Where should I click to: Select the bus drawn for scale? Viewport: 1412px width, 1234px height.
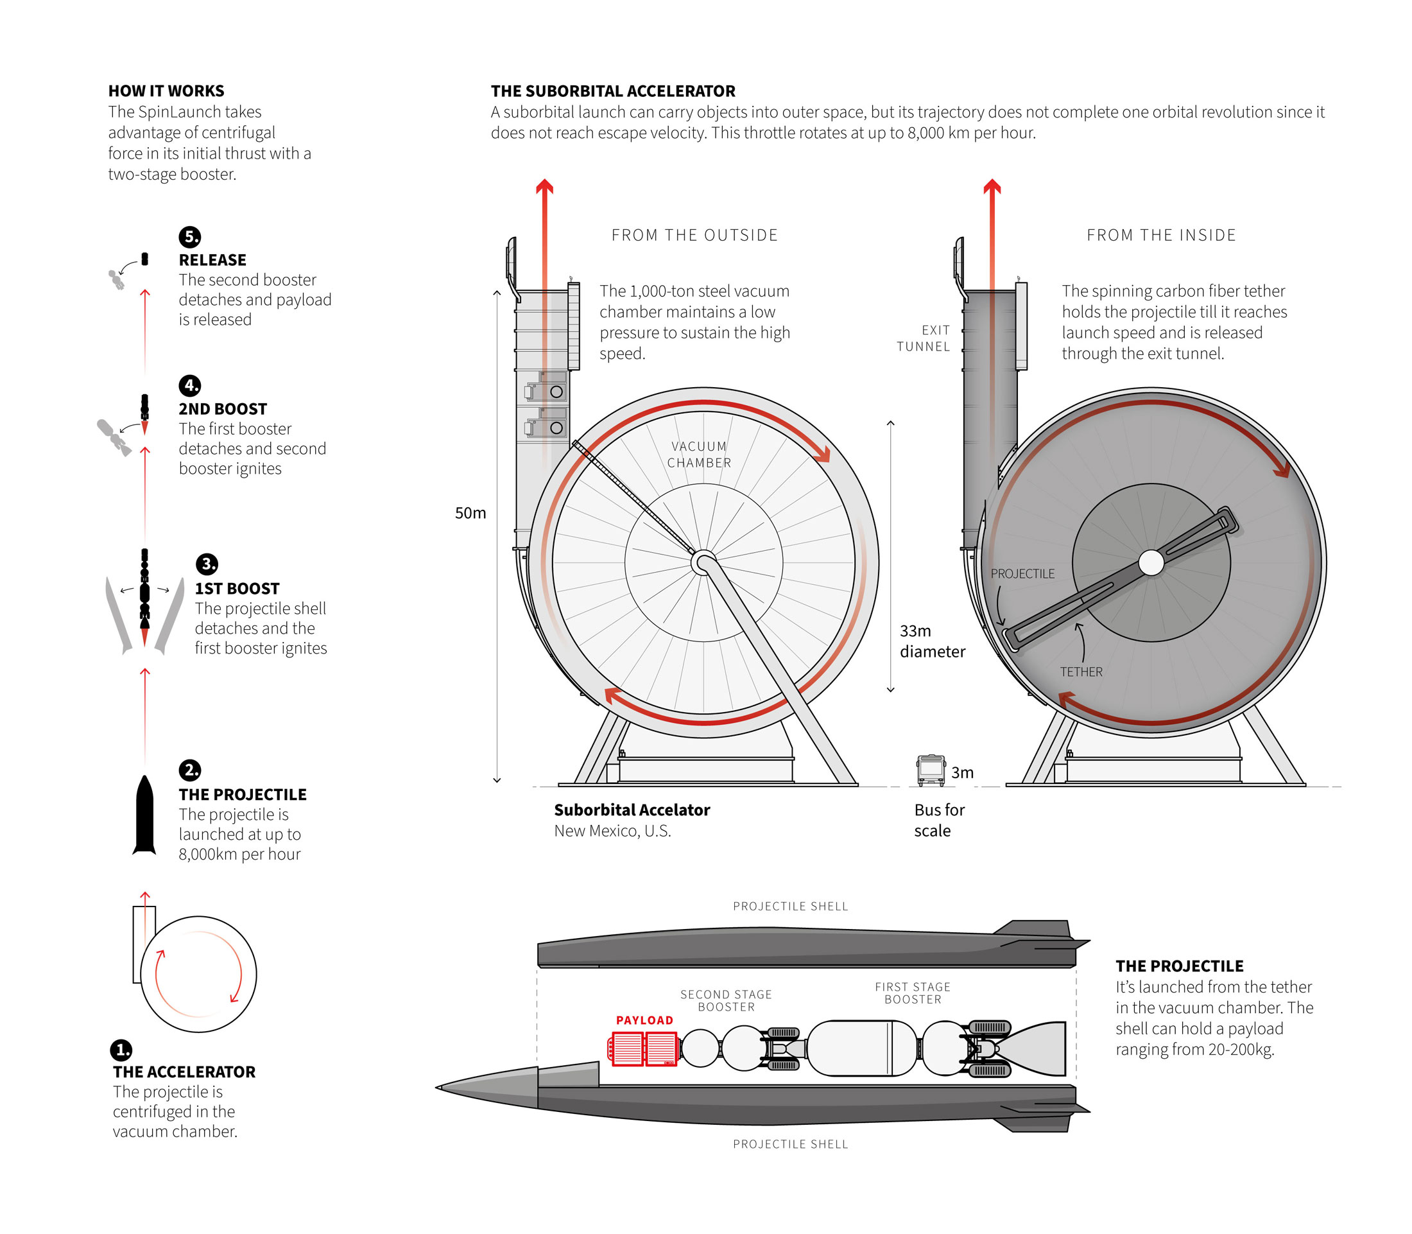point(930,770)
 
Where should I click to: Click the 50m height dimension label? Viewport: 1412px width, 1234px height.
point(470,513)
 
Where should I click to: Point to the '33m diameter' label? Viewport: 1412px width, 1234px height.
point(931,641)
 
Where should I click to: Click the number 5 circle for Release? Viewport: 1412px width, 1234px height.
point(189,237)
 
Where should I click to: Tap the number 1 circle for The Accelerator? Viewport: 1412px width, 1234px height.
point(121,1050)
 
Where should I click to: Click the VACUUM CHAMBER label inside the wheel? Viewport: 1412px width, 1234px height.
point(699,455)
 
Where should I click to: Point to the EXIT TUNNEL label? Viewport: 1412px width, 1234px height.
point(923,338)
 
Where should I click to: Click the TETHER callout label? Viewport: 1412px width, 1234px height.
point(1080,672)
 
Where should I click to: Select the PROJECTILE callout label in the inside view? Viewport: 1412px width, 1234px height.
point(1022,573)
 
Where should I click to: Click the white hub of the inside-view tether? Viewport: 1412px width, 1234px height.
point(1150,562)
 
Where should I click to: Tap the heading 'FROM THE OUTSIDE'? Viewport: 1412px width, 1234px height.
point(694,235)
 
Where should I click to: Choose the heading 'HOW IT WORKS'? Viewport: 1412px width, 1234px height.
point(166,91)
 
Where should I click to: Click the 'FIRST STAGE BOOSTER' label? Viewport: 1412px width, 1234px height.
point(912,993)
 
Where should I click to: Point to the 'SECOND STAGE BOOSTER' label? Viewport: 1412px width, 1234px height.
point(726,1000)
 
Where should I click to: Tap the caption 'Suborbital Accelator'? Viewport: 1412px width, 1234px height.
point(632,810)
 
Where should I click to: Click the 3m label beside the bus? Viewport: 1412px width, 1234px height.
point(961,772)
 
